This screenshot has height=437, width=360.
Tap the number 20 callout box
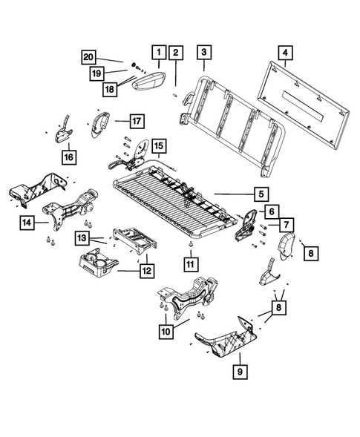pyautogui.click(x=88, y=57)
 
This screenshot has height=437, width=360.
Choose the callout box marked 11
pyautogui.click(x=190, y=263)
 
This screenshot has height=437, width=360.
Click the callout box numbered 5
pyautogui.click(x=261, y=194)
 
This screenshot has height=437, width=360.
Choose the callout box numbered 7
pyautogui.click(x=286, y=223)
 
